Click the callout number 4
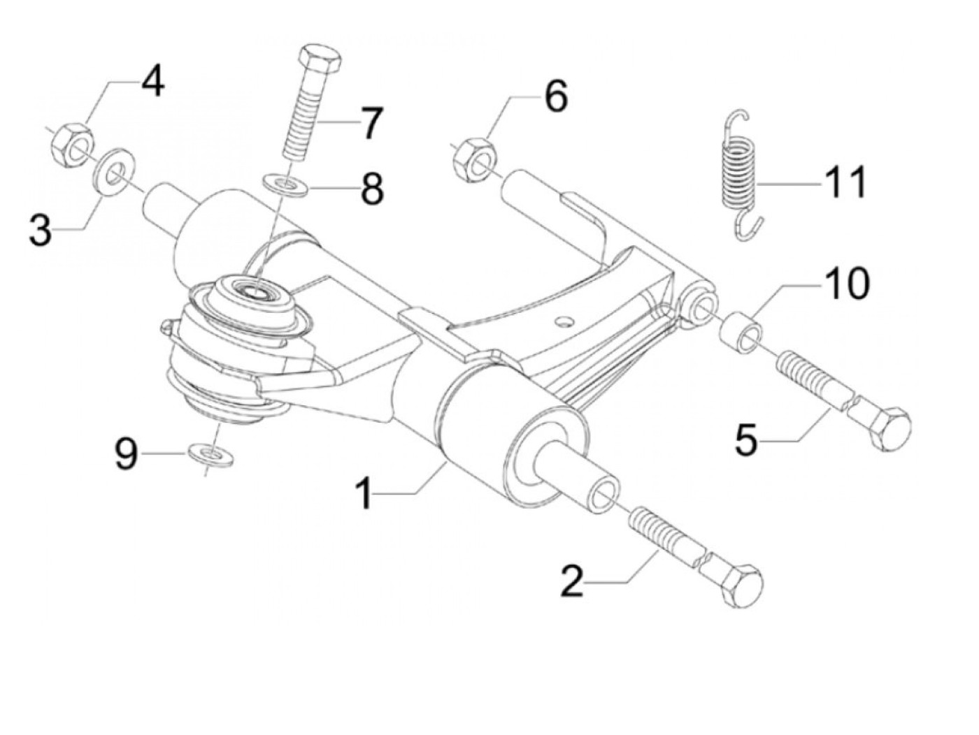click(152, 82)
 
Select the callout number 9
click(126, 456)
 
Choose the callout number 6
click(556, 97)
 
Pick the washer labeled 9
click(210, 456)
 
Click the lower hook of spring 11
click(748, 227)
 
